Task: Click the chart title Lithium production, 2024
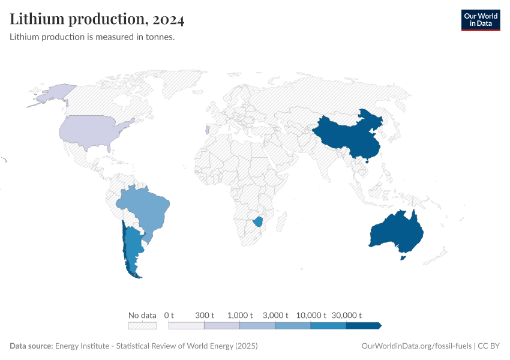point(97,19)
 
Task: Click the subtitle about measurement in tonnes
point(92,37)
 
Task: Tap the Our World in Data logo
point(480,20)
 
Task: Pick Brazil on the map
point(147,208)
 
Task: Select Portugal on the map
point(207,130)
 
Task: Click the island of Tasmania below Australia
point(404,257)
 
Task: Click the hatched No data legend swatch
point(142,326)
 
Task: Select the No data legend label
point(142,315)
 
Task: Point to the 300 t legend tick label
point(205,315)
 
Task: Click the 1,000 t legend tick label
point(240,315)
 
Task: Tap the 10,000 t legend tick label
point(311,315)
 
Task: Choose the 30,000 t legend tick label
point(346,315)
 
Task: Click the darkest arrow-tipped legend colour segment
point(364,326)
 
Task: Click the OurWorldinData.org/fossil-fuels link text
point(417,346)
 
